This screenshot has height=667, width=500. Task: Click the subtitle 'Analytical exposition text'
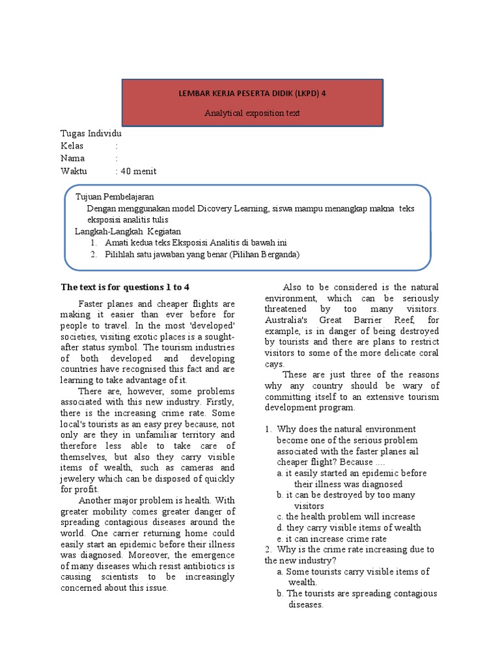(253, 113)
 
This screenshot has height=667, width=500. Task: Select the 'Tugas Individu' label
(90, 134)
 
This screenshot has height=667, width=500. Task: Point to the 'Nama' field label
(73, 158)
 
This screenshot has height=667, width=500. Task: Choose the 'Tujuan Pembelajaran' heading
(115, 197)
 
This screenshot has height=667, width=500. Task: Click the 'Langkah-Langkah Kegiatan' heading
(127, 231)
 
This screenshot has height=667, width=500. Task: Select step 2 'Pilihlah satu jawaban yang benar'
(202, 254)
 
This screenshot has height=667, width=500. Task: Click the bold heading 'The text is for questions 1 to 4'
(125, 287)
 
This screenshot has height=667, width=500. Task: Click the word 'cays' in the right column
(274, 364)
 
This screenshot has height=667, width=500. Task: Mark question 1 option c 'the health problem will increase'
(345, 517)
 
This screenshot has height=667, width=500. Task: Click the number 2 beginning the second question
(268, 549)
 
